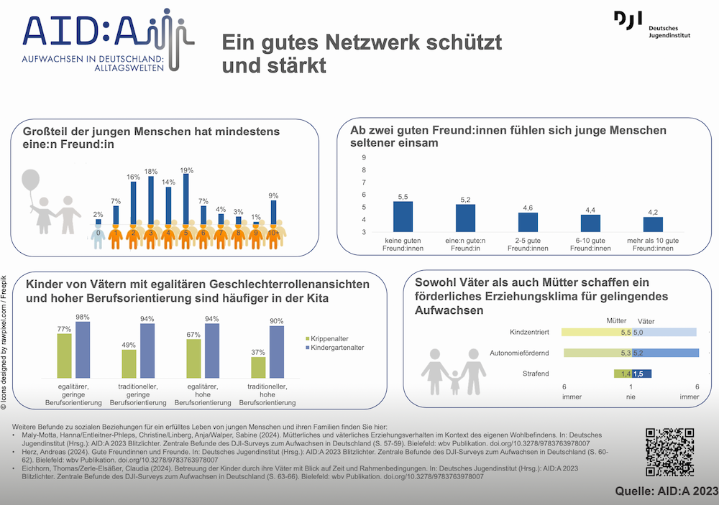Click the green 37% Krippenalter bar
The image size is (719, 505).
point(258,366)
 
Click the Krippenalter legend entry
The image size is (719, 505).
point(329,338)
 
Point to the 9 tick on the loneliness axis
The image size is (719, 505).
point(364,157)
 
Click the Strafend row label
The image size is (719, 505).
point(536,374)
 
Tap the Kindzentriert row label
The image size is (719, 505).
point(529,333)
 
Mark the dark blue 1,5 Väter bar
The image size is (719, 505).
point(641,374)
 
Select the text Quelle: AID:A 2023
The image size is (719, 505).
point(666,491)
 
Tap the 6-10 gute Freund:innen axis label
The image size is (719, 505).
point(590,244)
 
